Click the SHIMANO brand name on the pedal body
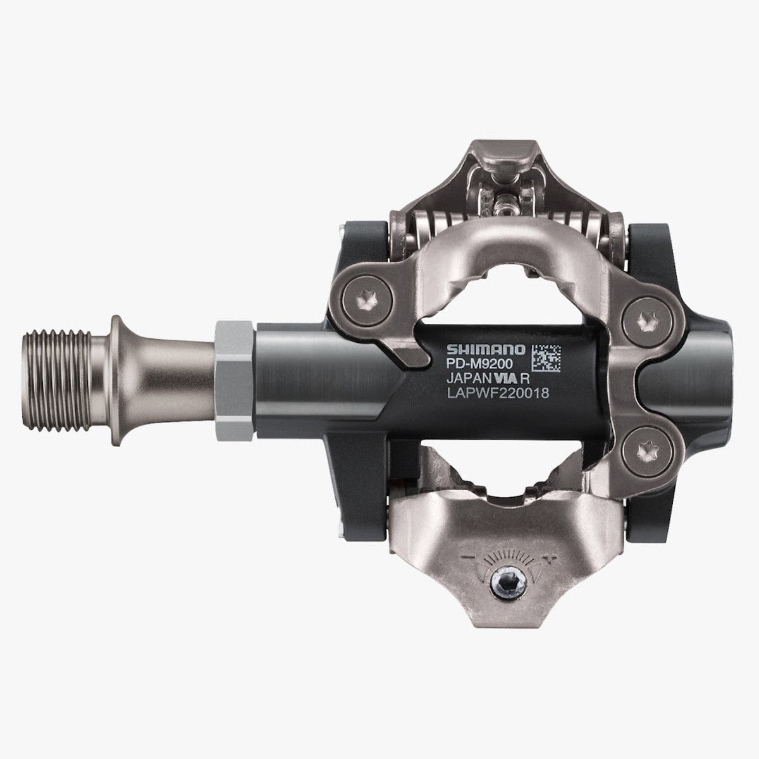486,349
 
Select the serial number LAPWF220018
497,393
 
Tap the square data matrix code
545,357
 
